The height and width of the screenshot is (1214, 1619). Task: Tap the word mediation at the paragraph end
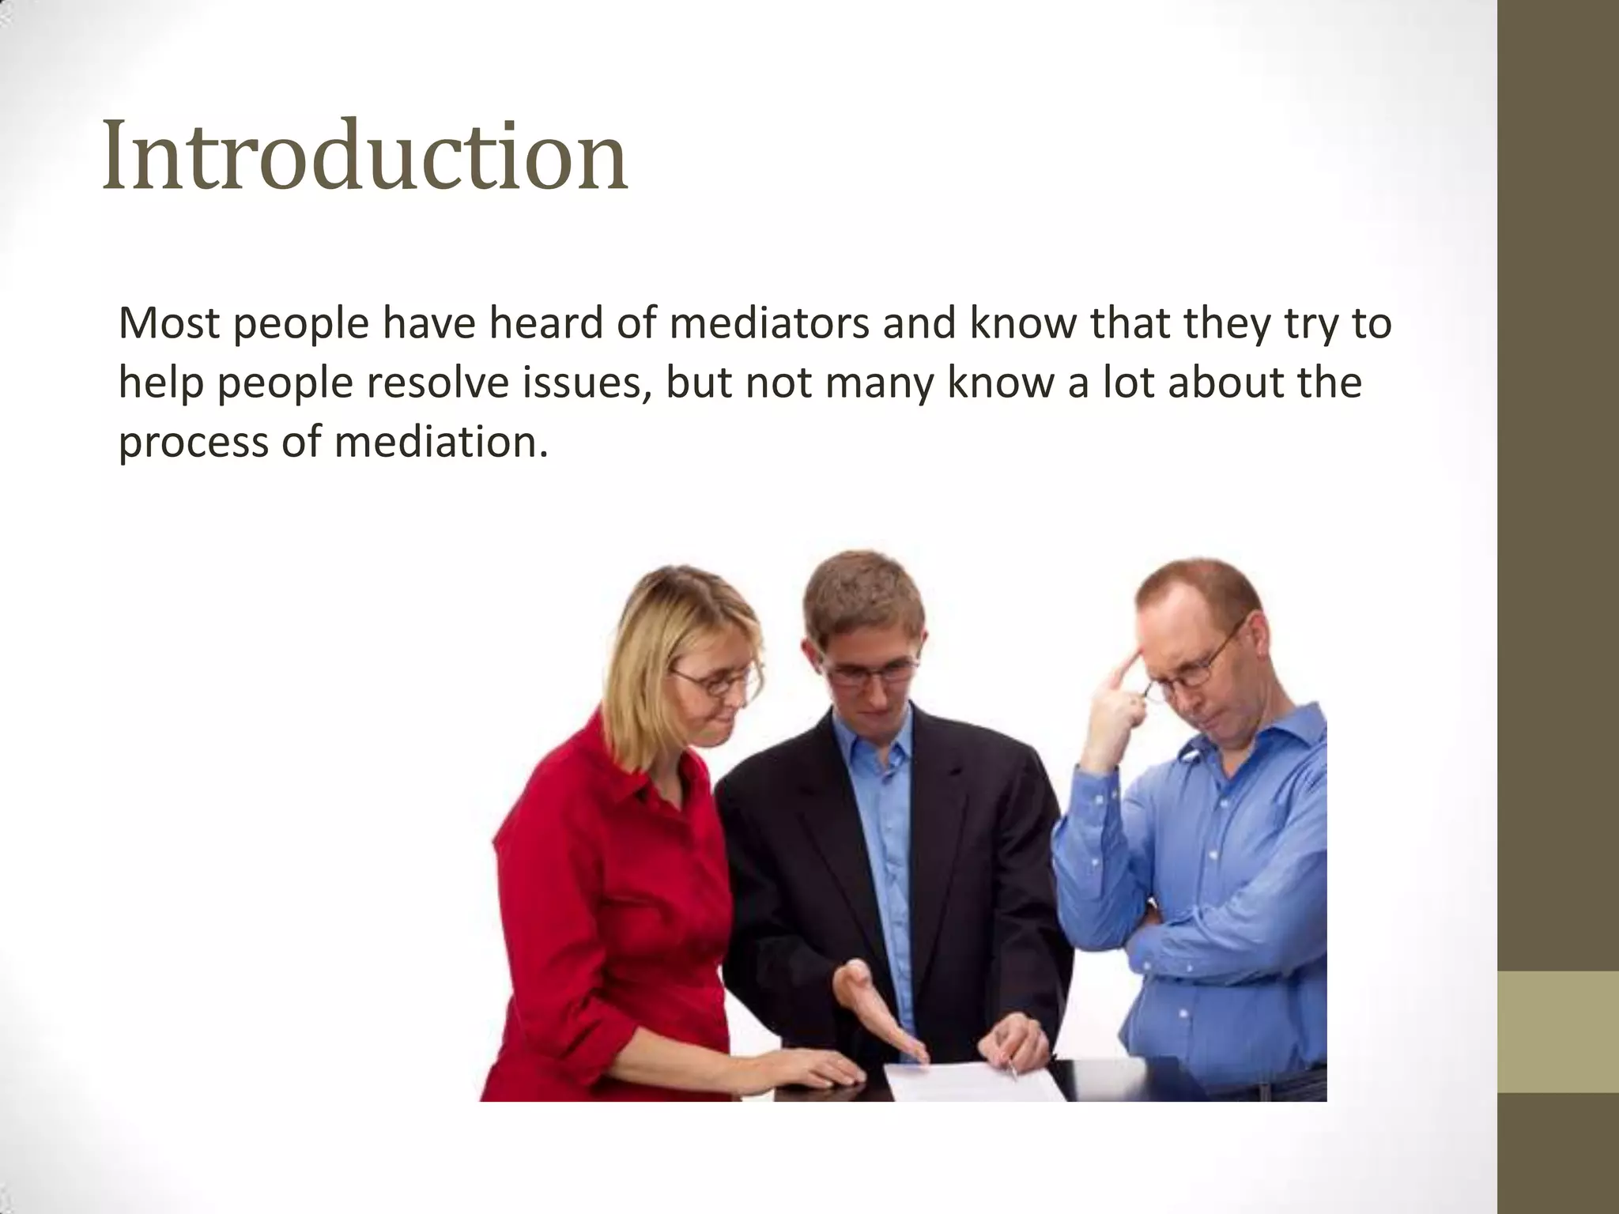click(440, 441)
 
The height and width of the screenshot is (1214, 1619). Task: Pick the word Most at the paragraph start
click(168, 324)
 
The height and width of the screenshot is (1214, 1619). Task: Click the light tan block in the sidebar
click(1558, 1031)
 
